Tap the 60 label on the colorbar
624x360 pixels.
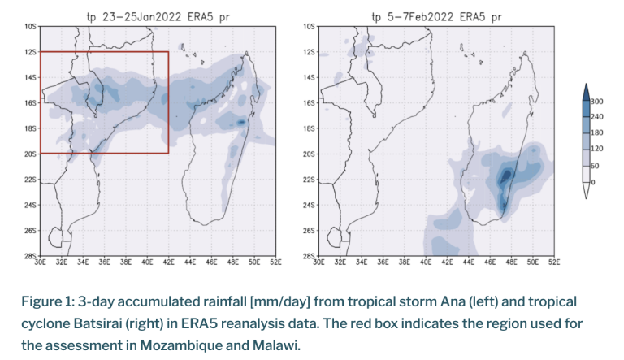pyautogui.click(x=597, y=165)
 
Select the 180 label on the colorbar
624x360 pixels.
pyautogui.click(x=600, y=132)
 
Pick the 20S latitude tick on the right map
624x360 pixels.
pyautogui.click(x=308, y=154)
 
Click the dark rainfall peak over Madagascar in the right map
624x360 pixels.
pyautogui.click(x=506, y=175)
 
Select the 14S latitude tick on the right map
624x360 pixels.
pyautogui.click(x=308, y=77)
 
